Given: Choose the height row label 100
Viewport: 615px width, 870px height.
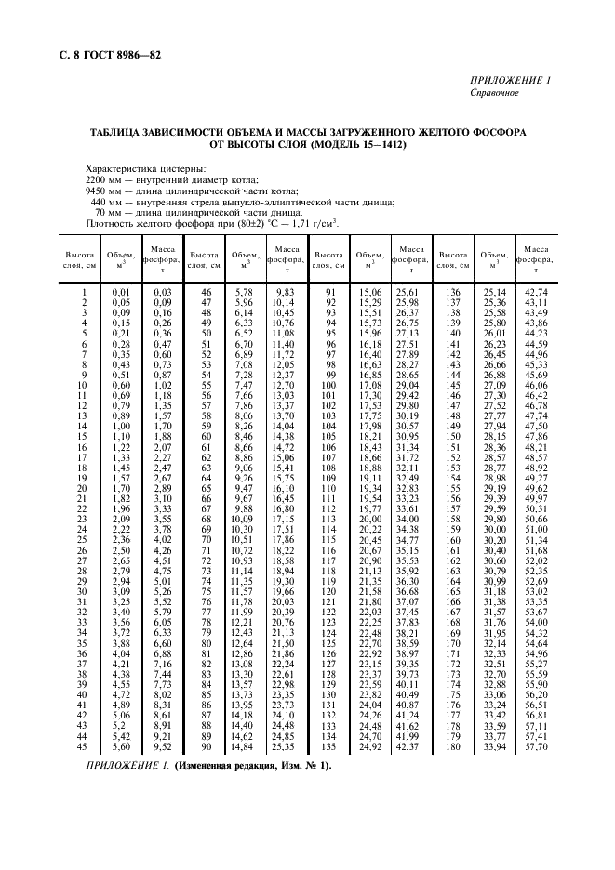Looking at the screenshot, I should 328,385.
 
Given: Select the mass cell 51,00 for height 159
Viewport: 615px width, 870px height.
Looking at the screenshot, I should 536,529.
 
